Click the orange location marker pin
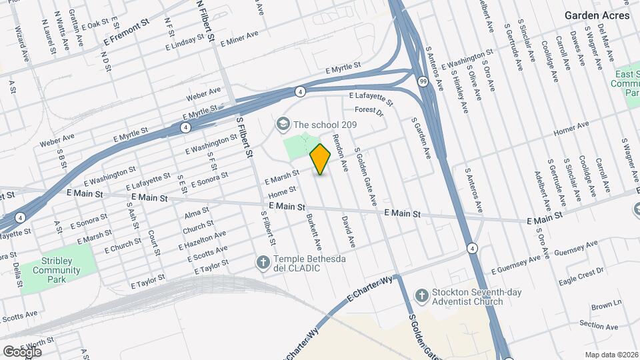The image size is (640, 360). coord(321,159)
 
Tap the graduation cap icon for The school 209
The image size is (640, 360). coord(283,125)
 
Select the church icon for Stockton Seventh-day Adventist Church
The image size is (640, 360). coord(421,295)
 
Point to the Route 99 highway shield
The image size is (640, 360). coord(423,81)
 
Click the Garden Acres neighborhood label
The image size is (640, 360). coord(597,15)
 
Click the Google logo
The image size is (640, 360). coord(22,351)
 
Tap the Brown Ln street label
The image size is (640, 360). coord(606,305)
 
